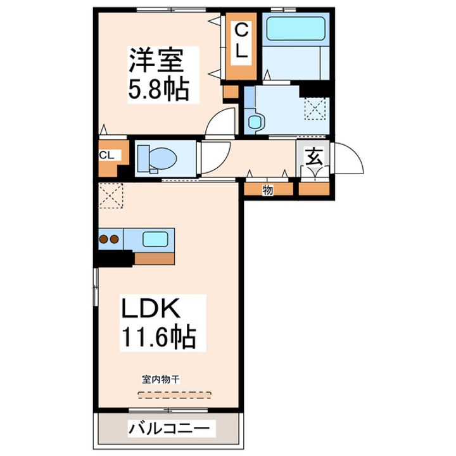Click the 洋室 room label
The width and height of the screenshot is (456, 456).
pyautogui.click(x=156, y=61)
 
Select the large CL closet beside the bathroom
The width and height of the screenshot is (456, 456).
pyautogui.click(x=241, y=42)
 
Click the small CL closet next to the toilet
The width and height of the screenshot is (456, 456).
pyautogui.click(x=106, y=155)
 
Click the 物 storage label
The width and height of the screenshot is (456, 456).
pyautogui.click(x=268, y=189)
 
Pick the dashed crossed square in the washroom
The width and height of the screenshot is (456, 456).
pyautogui.click(x=315, y=108)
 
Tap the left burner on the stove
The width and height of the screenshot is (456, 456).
pyautogui.click(x=103, y=239)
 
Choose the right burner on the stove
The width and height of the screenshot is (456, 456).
pyautogui.click(x=115, y=239)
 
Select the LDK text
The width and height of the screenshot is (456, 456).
pyautogui.click(x=152, y=310)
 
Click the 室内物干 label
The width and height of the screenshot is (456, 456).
pyautogui.click(x=161, y=379)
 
